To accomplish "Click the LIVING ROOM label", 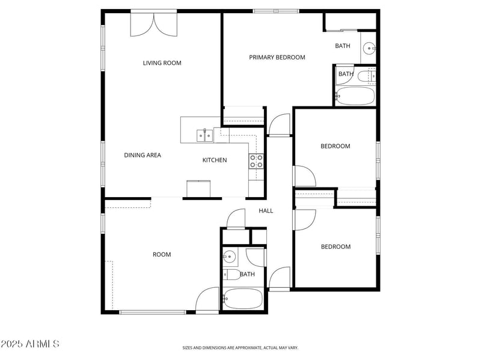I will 162,63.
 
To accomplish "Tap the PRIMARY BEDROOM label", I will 277,58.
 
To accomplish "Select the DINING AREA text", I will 142,155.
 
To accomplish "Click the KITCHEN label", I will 214,160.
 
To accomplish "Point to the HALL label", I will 266,211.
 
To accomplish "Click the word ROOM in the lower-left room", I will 162,255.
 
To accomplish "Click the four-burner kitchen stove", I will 257,160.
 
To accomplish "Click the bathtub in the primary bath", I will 355,96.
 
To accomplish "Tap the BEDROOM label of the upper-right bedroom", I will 335,146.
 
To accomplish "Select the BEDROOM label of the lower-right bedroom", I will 335,247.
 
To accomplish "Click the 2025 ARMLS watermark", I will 30,344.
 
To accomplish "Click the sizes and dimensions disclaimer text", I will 240,347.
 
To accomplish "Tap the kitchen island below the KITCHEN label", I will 198,189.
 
